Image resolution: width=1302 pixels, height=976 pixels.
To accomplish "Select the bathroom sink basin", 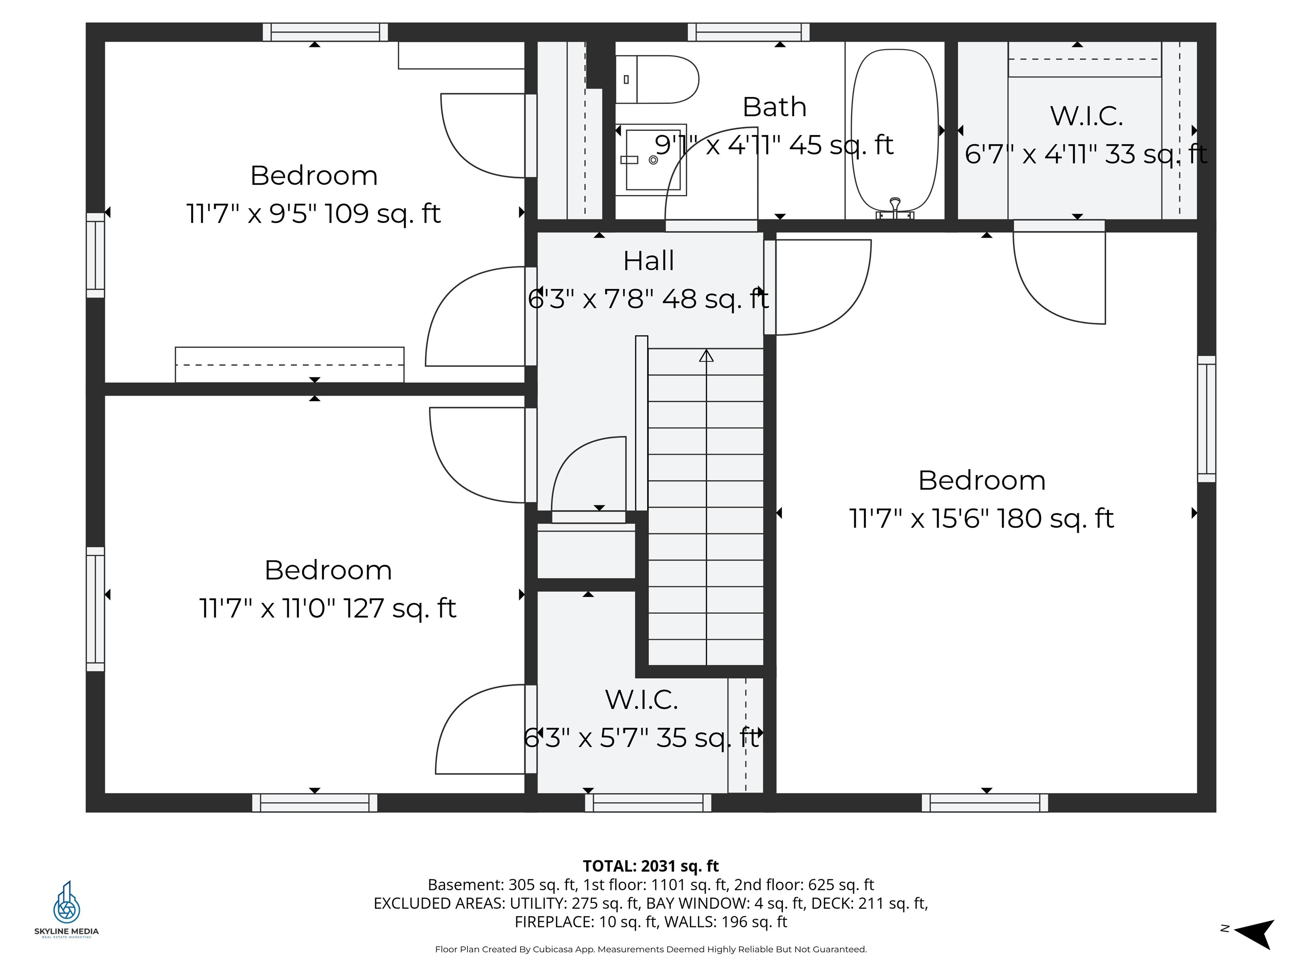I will (651, 159).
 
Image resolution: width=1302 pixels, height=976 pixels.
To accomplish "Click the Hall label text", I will (648, 261).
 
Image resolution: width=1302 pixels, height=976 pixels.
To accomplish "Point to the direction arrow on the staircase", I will (707, 356).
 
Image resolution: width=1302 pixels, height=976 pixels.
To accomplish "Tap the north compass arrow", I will (1255, 934).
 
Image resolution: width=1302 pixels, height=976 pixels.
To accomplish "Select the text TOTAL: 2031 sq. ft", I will (651, 866).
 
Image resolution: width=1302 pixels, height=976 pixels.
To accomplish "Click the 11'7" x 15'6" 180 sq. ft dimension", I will (981, 518).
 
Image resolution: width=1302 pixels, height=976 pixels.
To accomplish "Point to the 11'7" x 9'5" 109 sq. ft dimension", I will (313, 213).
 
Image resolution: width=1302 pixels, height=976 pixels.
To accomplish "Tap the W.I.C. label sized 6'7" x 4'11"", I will (1086, 116).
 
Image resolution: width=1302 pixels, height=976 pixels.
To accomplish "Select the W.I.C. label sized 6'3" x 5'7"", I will (642, 699).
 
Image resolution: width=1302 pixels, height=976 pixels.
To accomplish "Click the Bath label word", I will (774, 107).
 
